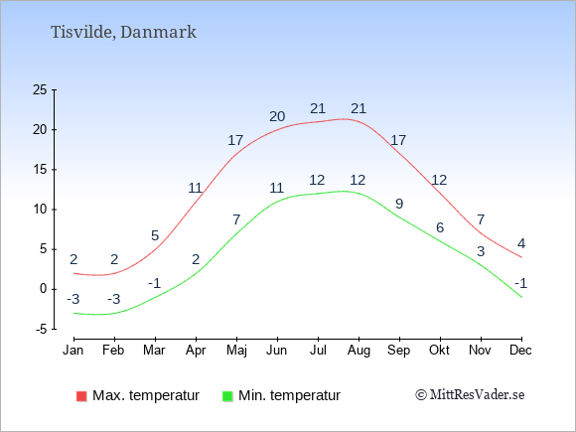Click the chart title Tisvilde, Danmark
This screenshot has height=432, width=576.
[x=123, y=33]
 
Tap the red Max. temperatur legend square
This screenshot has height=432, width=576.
[x=81, y=396]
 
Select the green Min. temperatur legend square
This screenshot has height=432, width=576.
[x=227, y=396]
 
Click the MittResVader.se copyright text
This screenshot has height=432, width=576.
[x=470, y=395]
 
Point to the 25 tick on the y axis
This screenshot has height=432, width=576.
[x=40, y=89]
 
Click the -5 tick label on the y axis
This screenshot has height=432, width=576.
[x=42, y=329]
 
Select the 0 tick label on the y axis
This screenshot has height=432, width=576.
[x=44, y=289]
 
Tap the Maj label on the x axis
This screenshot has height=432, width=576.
[x=236, y=351]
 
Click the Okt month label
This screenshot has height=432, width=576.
[x=439, y=351]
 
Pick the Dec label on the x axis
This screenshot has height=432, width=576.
[x=520, y=351]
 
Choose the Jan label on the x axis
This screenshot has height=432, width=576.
[x=73, y=351]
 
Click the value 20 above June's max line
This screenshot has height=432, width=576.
[x=277, y=116]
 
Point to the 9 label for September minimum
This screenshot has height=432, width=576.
[x=399, y=204]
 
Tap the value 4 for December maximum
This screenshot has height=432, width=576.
[x=521, y=243]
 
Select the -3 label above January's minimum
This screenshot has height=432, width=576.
[x=73, y=299]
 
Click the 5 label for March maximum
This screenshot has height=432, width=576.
[x=155, y=235]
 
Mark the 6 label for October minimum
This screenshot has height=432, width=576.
[x=440, y=227]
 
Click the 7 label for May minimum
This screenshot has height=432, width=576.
[x=236, y=219]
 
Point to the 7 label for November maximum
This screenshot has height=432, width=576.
[x=481, y=219]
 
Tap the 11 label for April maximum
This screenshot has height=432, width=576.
[x=196, y=188]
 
